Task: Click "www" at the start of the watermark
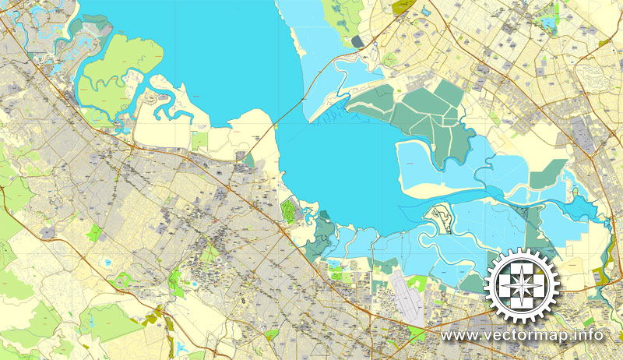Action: (458, 336)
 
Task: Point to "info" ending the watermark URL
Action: (590, 336)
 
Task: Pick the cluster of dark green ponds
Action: (413, 113)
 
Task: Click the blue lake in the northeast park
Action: (550, 23)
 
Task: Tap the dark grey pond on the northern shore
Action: (357, 41)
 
